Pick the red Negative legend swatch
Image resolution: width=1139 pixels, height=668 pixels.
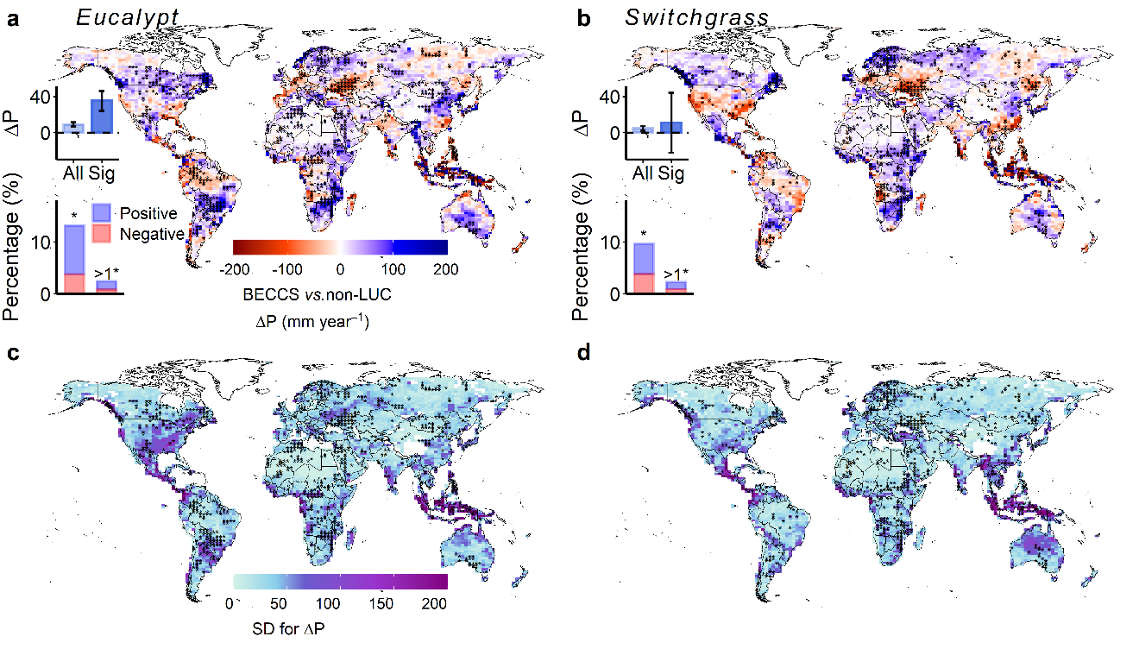[103, 234]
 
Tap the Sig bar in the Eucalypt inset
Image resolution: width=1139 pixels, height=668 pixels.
[102, 116]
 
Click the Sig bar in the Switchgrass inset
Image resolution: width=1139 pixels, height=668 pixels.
[671, 127]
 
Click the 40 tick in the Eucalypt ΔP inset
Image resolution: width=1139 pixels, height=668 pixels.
[41, 96]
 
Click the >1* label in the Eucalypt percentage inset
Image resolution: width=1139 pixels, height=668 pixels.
[107, 274]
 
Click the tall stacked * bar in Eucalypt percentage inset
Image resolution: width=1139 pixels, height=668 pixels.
[73, 259]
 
